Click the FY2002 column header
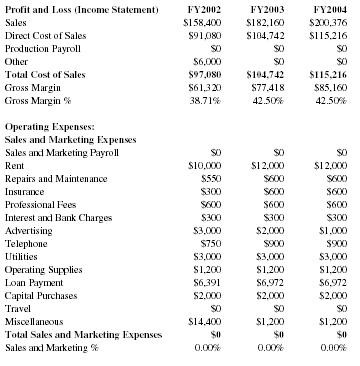(204, 8)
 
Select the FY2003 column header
(265, 8)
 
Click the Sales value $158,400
(202, 21)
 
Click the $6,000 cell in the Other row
(206, 59)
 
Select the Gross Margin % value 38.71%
(205, 99)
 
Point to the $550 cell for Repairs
(209, 177)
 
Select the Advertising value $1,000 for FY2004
(329, 229)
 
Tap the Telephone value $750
(209, 242)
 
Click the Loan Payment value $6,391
(206, 281)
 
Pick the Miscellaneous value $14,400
(204, 320)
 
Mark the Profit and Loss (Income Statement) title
(82, 8)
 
